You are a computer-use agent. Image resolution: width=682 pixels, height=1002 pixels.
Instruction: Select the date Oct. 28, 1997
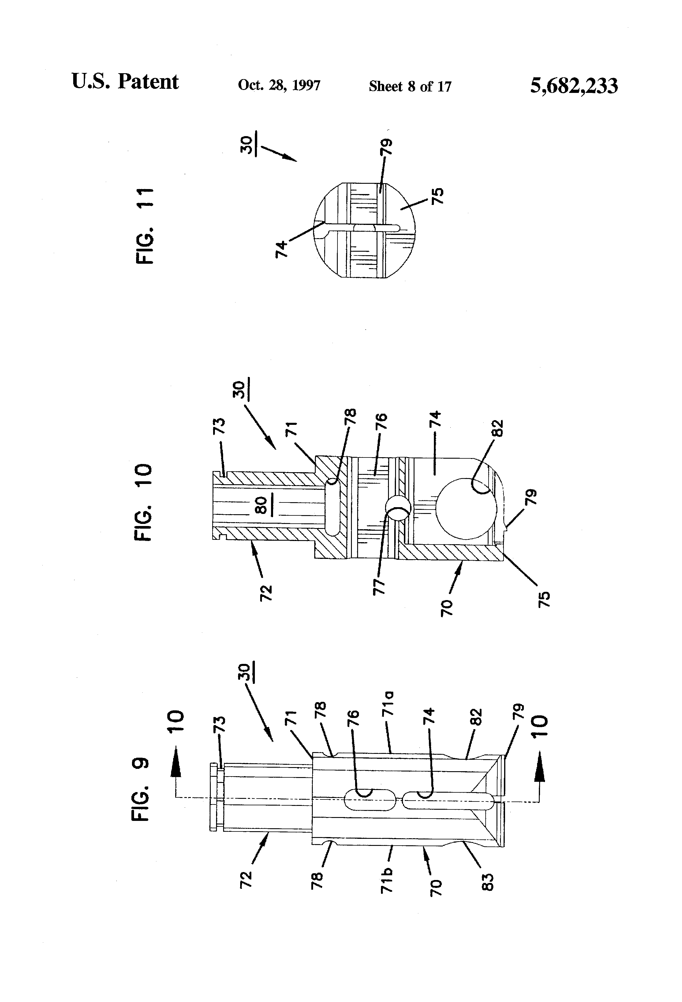(x=279, y=85)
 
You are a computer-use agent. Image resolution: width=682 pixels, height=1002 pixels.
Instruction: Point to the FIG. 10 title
(x=143, y=502)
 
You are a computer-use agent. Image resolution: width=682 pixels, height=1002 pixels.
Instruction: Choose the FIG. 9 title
(x=141, y=789)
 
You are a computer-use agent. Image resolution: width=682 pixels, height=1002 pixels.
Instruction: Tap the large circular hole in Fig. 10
(x=466, y=508)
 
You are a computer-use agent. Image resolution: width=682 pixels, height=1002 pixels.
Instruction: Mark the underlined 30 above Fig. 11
(x=246, y=146)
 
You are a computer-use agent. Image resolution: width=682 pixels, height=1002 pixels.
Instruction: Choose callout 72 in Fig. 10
(x=266, y=593)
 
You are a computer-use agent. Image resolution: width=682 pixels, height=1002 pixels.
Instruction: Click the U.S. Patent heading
(x=125, y=81)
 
